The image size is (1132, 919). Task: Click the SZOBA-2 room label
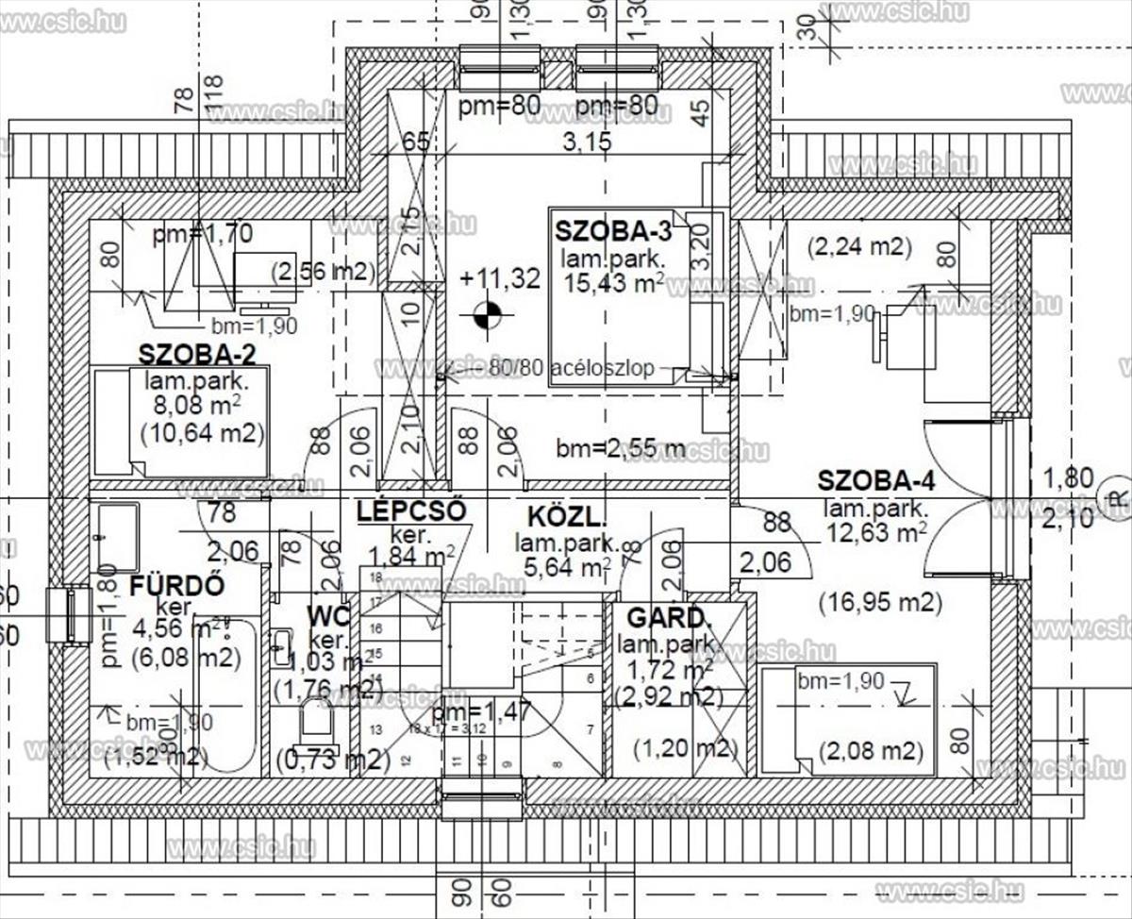pyautogui.click(x=197, y=355)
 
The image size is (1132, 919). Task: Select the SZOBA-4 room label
pyautogui.click(x=876, y=480)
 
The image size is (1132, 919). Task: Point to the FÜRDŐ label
pyautogui.click(x=177, y=585)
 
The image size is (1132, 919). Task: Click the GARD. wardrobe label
pyautogui.click(x=668, y=619)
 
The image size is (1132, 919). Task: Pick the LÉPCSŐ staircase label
pyautogui.click(x=412, y=511)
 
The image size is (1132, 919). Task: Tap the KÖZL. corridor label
pyautogui.click(x=566, y=516)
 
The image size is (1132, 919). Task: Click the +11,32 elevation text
pyautogui.click(x=500, y=278)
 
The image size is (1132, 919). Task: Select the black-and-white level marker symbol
pyautogui.click(x=487, y=316)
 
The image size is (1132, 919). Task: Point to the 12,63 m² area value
pyautogui.click(x=874, y=533)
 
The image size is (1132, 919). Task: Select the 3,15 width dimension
pyautogui.click(x=587, y=142)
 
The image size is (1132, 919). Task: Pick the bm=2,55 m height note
pyautogui.click(x=621, y=448)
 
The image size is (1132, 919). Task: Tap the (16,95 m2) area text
pyautogui.click(x=879, y=602)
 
